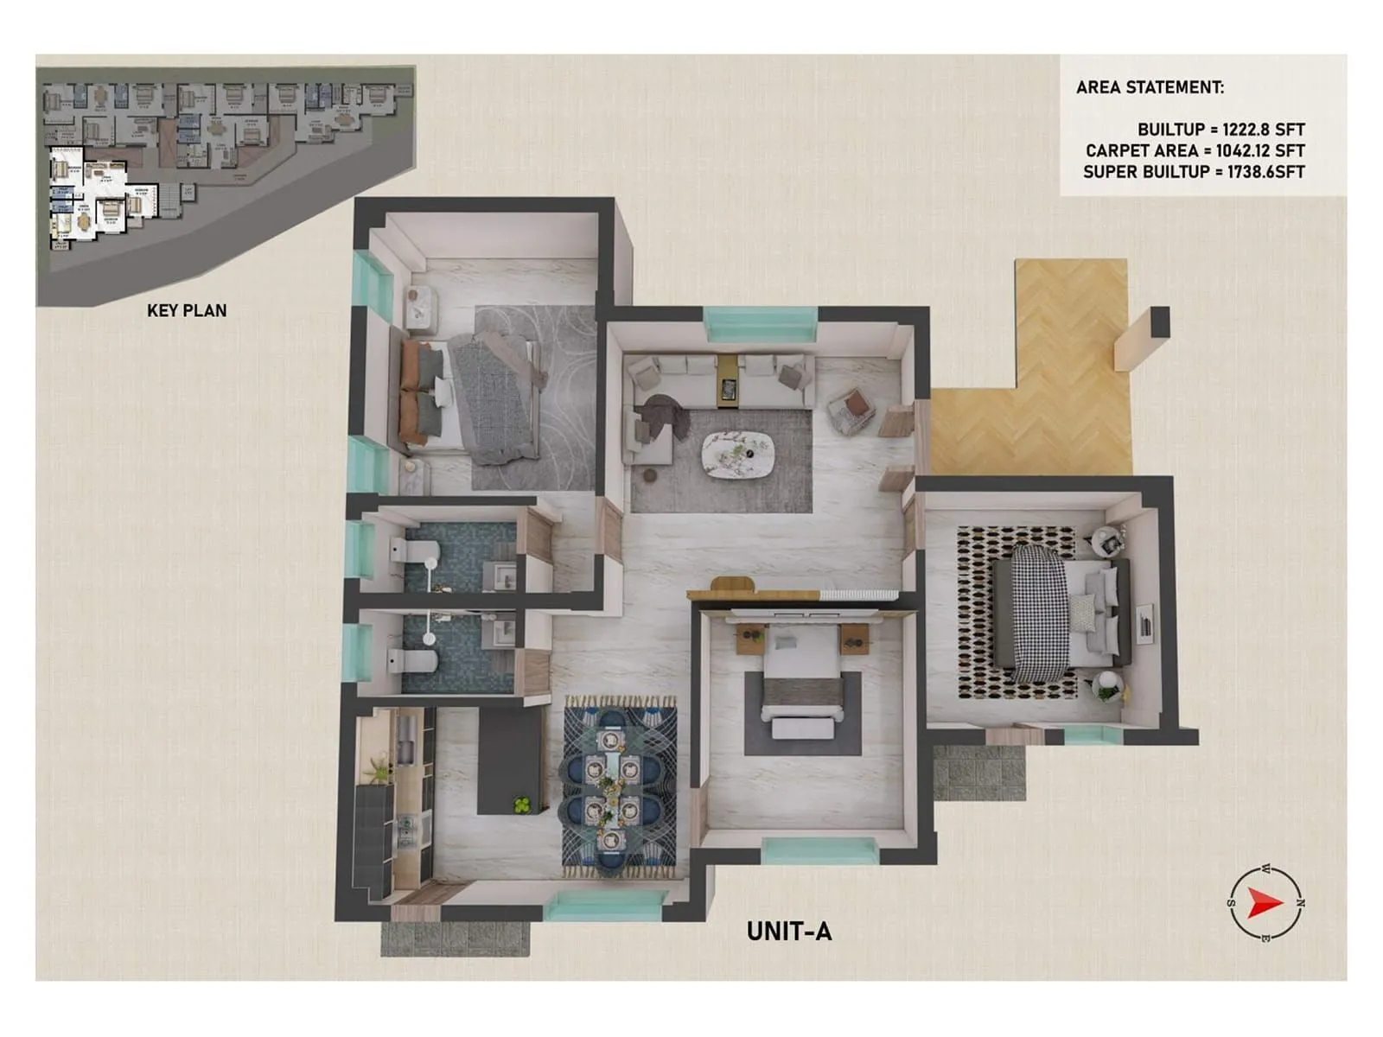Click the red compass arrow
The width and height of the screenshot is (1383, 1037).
tap(1265, 905)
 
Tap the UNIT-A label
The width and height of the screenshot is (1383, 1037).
tap(788, 932)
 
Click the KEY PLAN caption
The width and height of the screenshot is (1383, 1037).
tap(187, 310)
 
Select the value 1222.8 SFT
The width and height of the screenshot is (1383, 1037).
tap(1264, 130)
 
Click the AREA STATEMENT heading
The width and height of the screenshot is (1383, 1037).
tap(1150, 87)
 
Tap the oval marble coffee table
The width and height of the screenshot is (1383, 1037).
tap(737, 454)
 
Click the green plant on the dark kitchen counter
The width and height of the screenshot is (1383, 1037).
tap(522, 805)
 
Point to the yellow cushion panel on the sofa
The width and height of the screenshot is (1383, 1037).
tap(729, 378)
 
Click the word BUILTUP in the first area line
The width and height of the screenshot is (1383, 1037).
tap(1170, 130)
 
